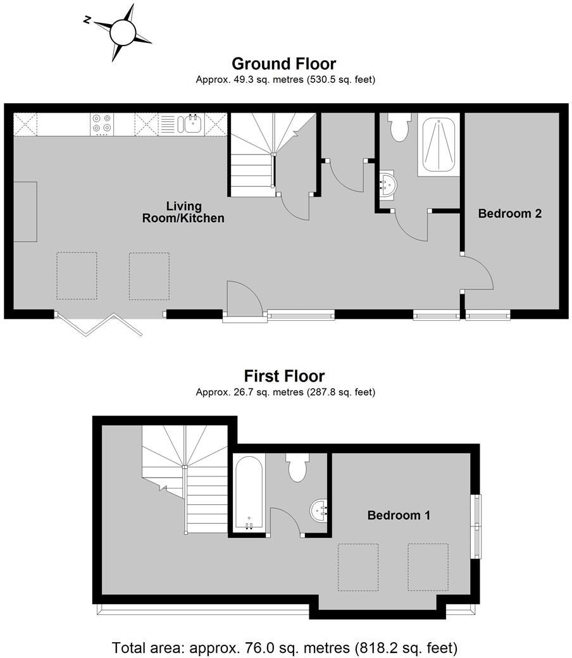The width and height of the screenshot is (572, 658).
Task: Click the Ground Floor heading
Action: point(283,64)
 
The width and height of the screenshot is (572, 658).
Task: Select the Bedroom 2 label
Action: point(509,213)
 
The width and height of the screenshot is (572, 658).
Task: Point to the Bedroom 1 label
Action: point(399,516)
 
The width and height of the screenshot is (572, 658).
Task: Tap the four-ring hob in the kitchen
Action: point(102,123)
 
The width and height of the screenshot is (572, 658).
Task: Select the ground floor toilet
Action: point(399,128)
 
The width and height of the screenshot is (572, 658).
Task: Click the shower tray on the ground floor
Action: point(438,145)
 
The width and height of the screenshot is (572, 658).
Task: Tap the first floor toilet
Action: point(297,468)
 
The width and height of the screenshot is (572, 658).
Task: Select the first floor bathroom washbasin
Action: point(320,509)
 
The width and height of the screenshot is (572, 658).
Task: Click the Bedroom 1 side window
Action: point(476,525)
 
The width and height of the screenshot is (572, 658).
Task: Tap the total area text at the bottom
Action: point(285,648)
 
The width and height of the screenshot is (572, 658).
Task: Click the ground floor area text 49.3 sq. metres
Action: point(285,80)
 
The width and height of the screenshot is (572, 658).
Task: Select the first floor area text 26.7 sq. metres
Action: point(285,392)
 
